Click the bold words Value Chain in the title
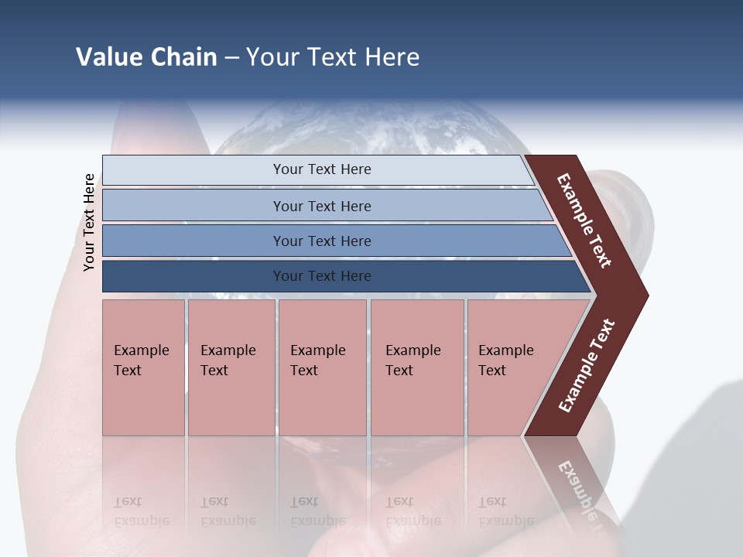pyautogui.click(x=146, y=57)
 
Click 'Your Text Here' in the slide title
pyautogui.click(x=333, y=57)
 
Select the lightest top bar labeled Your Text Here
pyautogui.click(x=321, y=169)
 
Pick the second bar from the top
pyautogui.click(x=321, y=206)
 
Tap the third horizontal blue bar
pyautogui.click(x=321, y=241)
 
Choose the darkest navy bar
pyautogui.click(x=321, y=276)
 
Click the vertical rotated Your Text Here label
pyautogui.click(x=89, y=222)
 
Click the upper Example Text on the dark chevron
pyautogui.click(x=585, y=220)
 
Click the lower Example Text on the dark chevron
pyautogui.click(x=587, y=366)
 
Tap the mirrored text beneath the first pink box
pyautogui.click(x=142, y=511)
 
